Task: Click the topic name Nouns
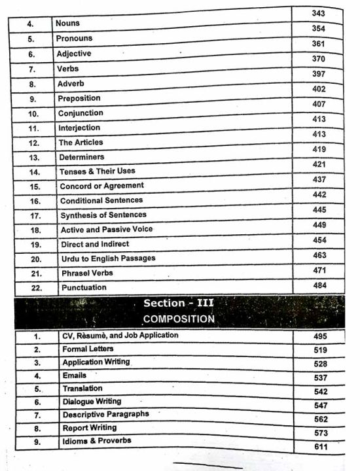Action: (x=68, y=23)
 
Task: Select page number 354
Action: (x=319, y=29)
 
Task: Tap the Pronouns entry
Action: (x=74, y=39)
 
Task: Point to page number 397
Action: (x=319, y=74)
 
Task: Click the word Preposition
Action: (x=79, y=98)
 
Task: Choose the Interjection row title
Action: (x=79, y=128)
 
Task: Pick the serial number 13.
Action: (x=35, y=158)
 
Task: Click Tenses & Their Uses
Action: (x=98, y=171)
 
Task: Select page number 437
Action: (x=319, y=179)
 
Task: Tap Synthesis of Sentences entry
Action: (x=103, y=215)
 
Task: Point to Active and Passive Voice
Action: (x=107, y=230)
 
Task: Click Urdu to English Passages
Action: (x=108, y=258)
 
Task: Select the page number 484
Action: (x=319, y=285)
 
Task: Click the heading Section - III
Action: (x=178, y=304)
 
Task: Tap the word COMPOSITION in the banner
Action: (x=178, y=319)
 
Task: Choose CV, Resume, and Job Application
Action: (x=120, y=336)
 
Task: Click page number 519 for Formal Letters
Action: (x=320, y=350)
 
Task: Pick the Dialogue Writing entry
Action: (x=92, y=401)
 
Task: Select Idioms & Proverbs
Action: (x=97, y=440)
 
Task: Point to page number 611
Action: (x=320, y=447)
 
